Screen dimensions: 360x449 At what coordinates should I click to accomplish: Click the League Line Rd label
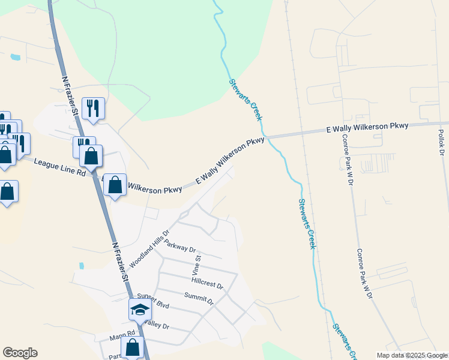[60, 167]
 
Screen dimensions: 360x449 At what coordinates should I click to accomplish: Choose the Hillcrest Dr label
[208, 284]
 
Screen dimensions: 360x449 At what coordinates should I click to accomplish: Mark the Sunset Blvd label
[153, 301]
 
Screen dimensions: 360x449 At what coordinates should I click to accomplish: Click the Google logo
[20, 353]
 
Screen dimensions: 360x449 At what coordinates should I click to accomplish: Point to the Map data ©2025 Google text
[412, 355]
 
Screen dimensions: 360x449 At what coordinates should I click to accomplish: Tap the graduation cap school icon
[140, 310]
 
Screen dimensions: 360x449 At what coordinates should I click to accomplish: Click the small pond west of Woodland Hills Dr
[81, 265]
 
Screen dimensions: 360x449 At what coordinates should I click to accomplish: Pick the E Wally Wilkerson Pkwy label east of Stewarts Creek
[367, 128]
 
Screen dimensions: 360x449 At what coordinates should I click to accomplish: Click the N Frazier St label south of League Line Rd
[119, 260]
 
